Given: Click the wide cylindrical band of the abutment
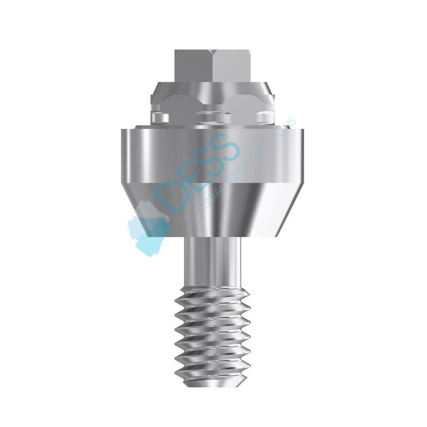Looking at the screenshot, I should (x=213, y=157).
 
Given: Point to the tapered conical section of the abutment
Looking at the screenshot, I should (x=213, y=210).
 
